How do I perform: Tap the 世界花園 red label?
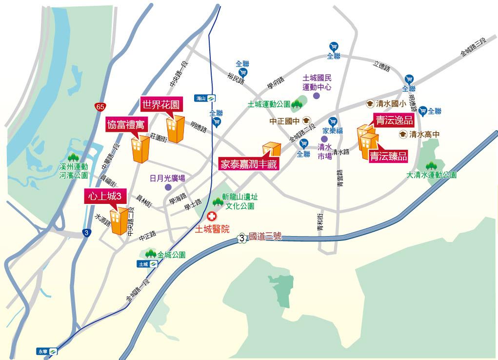click(161, 104)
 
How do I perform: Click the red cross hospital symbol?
click(212, 217)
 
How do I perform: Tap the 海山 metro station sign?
click(205, 98)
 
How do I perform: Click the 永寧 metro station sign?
click(47, 351)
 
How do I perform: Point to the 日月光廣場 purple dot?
click(168, 187)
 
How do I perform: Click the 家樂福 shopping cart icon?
click(333, 121)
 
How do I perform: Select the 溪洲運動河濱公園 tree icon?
click(74, 157)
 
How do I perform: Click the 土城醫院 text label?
click(212, 229)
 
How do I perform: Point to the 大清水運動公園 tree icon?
click(431, 166)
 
